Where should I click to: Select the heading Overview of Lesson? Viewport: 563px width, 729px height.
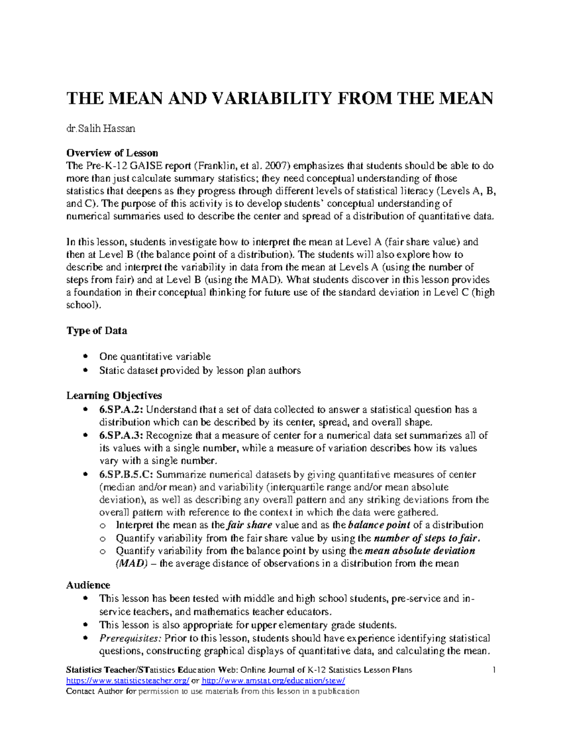click(x=112, y=153)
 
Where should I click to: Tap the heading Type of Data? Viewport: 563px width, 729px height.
click(x=97, y=331)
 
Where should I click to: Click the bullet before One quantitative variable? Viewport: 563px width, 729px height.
click(x=85, y=356)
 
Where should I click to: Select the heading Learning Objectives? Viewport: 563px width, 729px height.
click(x=114, y=396)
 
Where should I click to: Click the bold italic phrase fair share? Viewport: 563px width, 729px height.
click(x=249, y=525)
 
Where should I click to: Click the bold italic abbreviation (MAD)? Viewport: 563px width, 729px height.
click(x=131, y=563)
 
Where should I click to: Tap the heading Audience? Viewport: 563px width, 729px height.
click(x=88, y=585)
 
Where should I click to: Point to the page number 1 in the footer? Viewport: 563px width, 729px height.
click(x=494, y=670)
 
